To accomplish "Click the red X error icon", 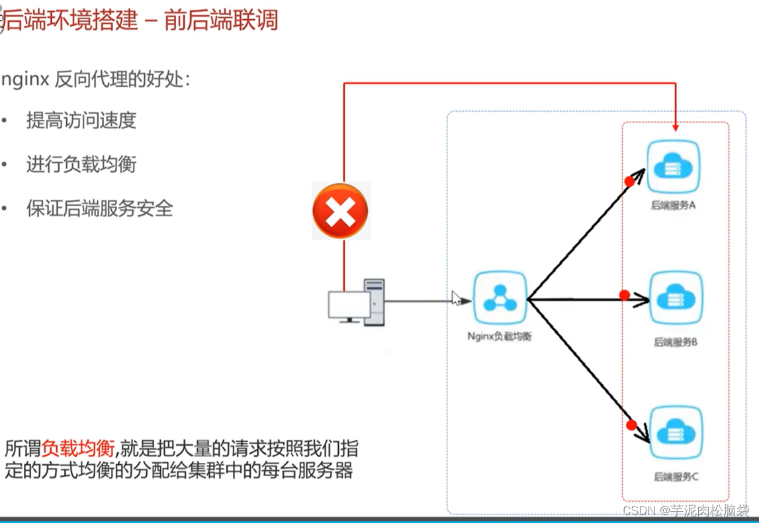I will click(x=340, y=211).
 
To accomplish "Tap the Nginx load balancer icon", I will click(x=500, y=300).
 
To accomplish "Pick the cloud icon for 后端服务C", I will click(x=676, y=433).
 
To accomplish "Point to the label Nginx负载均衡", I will click(x=499, y=337).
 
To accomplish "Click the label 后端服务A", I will click(x=674, y=206).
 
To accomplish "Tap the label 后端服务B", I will click(x=676, y=342).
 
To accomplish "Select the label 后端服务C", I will click(x=676, y=476).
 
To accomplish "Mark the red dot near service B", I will click(x=624, y=296).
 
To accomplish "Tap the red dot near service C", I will click(x=631, y=424).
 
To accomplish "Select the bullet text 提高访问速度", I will click(x=81, y=120).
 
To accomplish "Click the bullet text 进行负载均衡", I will click(x=81, y=164).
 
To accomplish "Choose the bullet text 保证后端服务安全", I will click(x=99, y=209).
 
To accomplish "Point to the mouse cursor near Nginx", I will click(x=456, y=298).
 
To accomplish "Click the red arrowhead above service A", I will click(x=676, y=126).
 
